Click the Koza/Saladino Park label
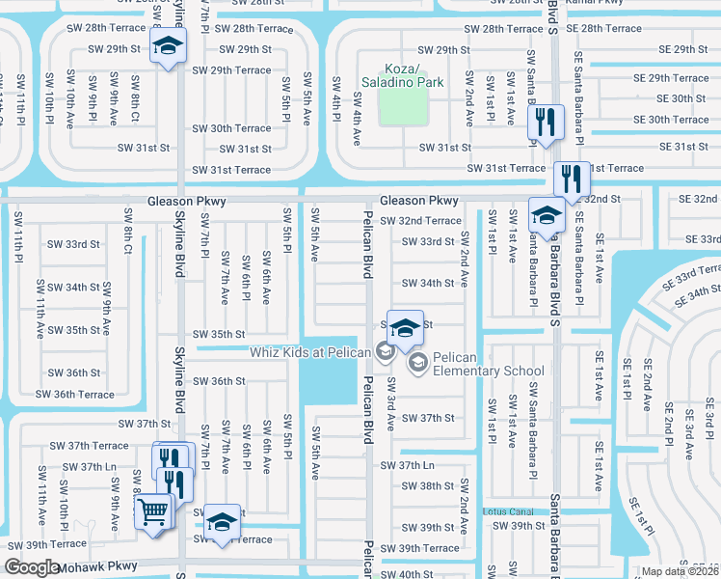click(x=402, y=76)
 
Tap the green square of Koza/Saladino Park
click(x=402, y=107)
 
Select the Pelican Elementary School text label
click(x=489, y=364)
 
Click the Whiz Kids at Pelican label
click(x=310, y=351)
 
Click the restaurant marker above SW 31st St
click(x=547, y=122)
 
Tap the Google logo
click(x=32, y=567)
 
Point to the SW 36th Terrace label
click(x=75, y=394)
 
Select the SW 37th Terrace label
click(x=84, y=446)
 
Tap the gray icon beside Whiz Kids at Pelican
click(x=384, y=351)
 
